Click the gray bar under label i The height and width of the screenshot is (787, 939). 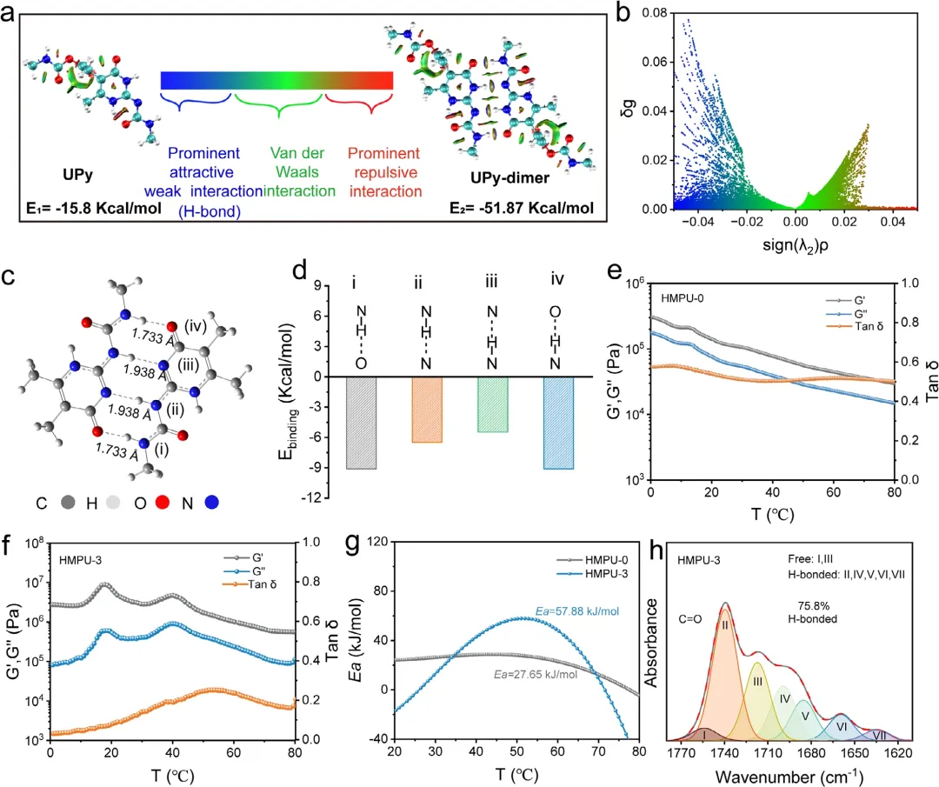[361, 423]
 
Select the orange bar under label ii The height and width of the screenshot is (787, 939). [427, 410]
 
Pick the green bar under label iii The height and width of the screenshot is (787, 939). [492, 404]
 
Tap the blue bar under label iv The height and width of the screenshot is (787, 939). [558, 423]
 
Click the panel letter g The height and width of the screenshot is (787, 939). [353, 544]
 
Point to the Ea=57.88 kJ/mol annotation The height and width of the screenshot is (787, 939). [577, 611]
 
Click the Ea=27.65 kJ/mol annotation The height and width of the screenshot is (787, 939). [536, 675]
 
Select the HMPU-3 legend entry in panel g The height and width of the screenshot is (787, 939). [593, 574]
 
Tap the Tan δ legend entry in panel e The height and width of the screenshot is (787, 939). [855, 326]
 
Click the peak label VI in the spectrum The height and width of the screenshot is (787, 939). [842, 726]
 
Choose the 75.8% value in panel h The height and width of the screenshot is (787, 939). [813, 605]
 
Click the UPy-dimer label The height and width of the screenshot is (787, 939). [509, 178]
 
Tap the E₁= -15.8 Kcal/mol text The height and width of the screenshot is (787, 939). [93, 208]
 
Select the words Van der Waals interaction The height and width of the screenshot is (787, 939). [297, 172]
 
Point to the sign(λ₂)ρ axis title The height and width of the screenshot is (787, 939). [796, 245]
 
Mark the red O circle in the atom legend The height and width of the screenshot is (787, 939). [163, 503]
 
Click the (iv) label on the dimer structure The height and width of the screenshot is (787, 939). [196, 326]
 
